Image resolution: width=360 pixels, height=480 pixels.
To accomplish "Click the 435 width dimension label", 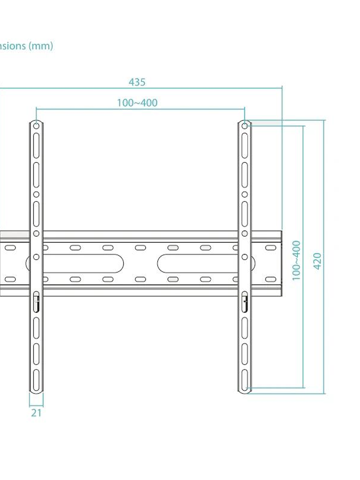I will point(137,82).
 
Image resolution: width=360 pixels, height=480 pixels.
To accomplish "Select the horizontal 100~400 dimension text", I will point(137,103).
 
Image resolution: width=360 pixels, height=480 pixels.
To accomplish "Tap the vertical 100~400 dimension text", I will point(296,261).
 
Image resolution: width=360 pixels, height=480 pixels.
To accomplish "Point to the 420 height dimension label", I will point(317,261).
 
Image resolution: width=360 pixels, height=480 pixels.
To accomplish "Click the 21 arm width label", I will point(36,413).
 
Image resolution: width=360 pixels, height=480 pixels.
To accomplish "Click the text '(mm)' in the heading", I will point(40,46).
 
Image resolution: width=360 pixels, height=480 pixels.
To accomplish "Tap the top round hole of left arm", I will point(36,126).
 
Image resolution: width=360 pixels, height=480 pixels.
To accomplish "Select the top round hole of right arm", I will point(244,126).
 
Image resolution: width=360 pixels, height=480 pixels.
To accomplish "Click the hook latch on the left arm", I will point(36,302).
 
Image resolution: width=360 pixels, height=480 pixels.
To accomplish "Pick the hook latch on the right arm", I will point(245,302).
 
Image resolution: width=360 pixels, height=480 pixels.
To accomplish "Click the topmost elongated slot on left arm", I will point(36,146).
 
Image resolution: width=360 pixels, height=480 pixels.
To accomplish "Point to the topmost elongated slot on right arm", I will point(245,146).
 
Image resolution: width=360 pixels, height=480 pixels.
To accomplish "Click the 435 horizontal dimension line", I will point(189,88).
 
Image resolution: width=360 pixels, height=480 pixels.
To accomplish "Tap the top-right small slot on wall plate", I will point(271,248).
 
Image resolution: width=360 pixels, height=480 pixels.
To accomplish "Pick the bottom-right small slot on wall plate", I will point(271,279).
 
